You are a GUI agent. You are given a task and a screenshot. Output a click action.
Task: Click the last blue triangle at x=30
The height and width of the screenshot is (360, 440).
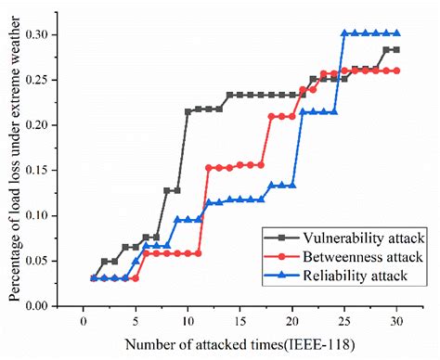coord(396,32)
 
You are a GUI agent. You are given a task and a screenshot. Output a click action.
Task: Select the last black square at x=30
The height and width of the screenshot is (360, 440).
coord(396,50)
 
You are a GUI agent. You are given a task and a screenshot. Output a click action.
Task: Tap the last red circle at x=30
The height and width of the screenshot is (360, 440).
coord(396,71)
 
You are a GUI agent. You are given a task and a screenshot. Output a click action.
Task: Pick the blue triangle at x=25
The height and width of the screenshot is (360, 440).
coord(344,32)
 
